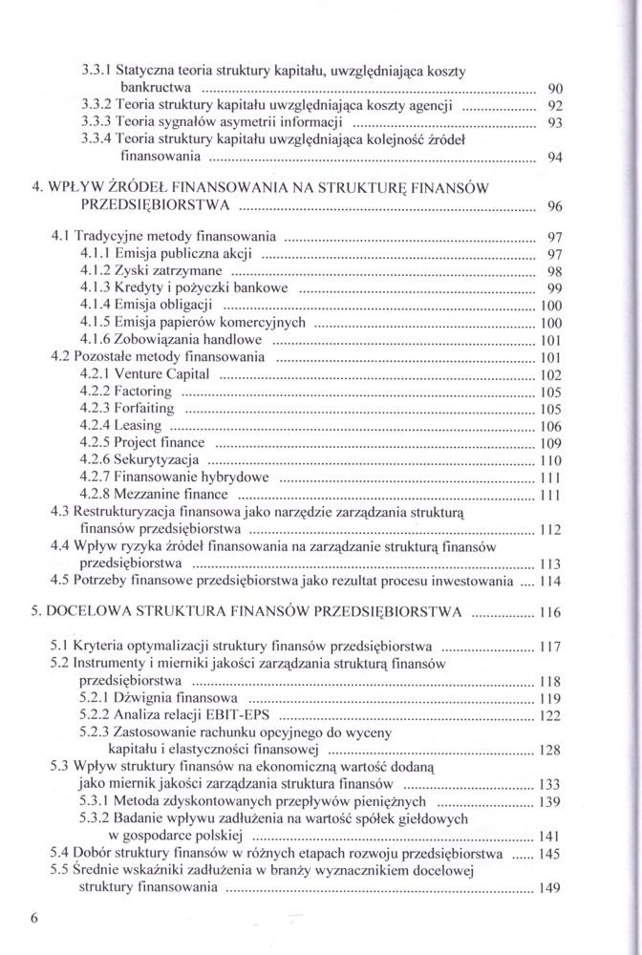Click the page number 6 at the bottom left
click(34, 919)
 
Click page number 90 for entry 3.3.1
click(555, 88)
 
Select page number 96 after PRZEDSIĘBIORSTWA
click(556, 207)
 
